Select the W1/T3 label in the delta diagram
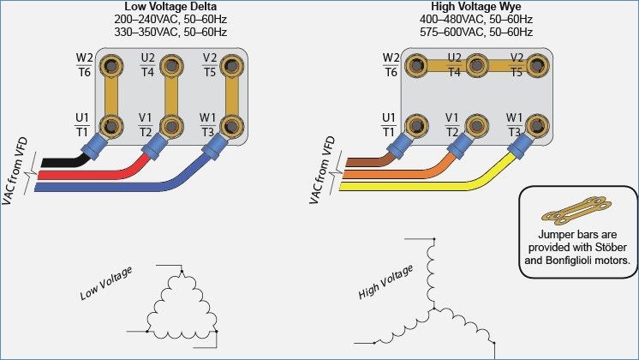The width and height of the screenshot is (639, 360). coord(207,124)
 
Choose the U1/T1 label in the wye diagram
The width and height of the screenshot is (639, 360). coord(389,124)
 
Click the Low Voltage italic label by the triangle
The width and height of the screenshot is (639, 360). coord(106,283)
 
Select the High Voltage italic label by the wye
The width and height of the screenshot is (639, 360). coord(386,280)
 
